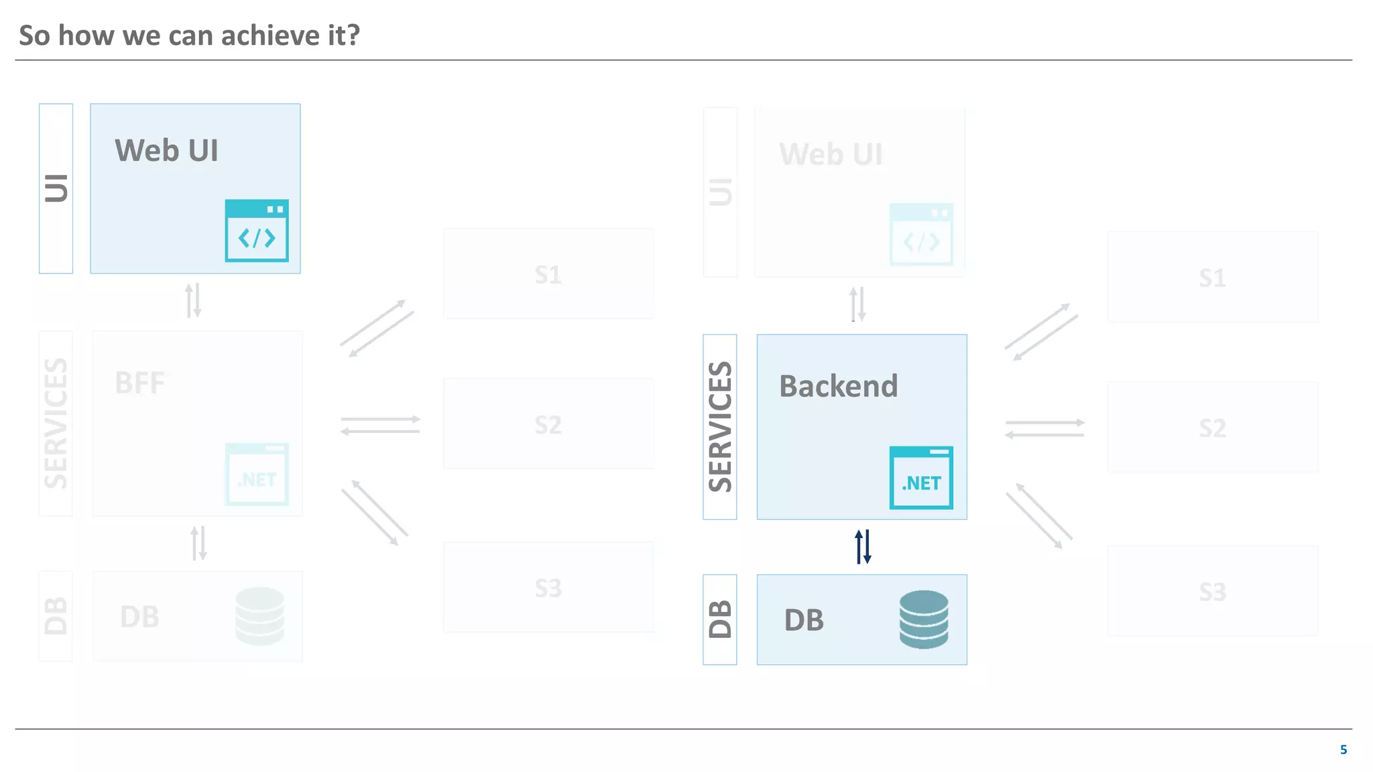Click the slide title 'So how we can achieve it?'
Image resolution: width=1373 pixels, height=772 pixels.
pos(189,36)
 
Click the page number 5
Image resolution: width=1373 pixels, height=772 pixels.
pos(1343,749)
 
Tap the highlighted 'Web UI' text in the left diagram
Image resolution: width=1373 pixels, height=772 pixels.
pos(166,150)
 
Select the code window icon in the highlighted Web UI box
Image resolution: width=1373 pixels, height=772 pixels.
pos(257,231)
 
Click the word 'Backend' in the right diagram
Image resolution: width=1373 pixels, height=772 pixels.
pos(838,386)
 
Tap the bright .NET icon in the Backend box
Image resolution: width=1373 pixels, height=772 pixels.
pos(921,478)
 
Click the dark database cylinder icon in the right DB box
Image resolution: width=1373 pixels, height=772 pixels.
pos(923,619)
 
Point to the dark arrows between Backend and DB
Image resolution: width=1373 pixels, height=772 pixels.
pos(863,547)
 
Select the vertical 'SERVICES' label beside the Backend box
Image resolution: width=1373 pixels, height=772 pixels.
pos(720,427)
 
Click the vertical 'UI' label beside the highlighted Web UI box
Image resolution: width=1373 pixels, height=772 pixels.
pos(56,188)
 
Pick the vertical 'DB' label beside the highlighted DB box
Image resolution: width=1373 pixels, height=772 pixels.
pos(720,619)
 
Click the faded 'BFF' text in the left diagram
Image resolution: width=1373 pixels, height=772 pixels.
pos(139,383)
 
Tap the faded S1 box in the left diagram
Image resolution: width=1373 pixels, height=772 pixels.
pos(548,274)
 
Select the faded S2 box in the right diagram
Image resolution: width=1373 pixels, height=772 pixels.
pos(1212,428)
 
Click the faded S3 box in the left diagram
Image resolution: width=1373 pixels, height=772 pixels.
pos(548,588)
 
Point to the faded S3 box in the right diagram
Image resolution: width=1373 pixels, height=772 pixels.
pos(1212,591)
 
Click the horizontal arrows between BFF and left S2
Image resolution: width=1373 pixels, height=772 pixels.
pos(380,425)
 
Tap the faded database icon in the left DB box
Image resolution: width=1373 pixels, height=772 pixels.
pos(260,616)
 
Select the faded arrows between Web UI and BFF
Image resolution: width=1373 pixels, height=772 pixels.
pos(193,301)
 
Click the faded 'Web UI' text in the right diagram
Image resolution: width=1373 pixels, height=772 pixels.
pos(831,154)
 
